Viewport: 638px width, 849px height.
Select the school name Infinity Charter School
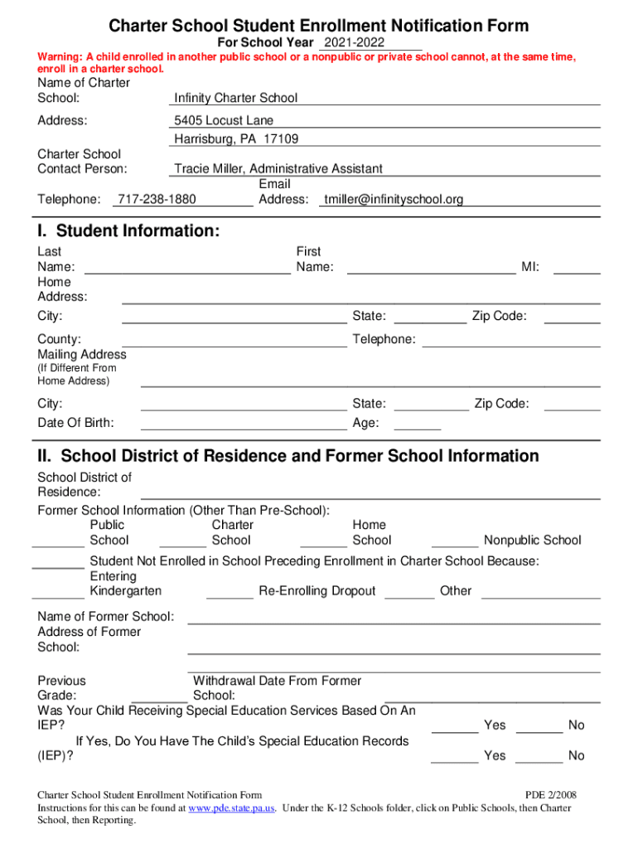tap(235, 98)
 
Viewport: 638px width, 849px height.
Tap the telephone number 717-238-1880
tap(157, 199)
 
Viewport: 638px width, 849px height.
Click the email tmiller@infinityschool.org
tap(394, 199)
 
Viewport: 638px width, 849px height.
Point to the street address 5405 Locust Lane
tap(224, 120)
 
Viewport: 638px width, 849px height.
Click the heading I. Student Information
tap(128, 231)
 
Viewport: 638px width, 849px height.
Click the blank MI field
tap(577, 267)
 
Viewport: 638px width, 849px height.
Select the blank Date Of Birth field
tap(244, 424)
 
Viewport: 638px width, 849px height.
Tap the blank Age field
tap(418, 424)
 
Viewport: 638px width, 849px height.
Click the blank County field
tap(234, 340)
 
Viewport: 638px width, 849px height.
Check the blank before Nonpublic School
tap(455, 541)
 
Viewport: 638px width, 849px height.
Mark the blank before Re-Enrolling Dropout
tap(230, 591)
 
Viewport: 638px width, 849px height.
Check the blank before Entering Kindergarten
tap(58, 591)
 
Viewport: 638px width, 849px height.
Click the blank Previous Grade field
tap(158, 696)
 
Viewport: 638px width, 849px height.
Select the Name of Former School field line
tap(394, 618)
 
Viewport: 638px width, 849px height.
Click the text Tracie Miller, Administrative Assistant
tap(278, 168)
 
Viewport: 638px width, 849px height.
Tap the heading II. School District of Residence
tap(288, 456)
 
